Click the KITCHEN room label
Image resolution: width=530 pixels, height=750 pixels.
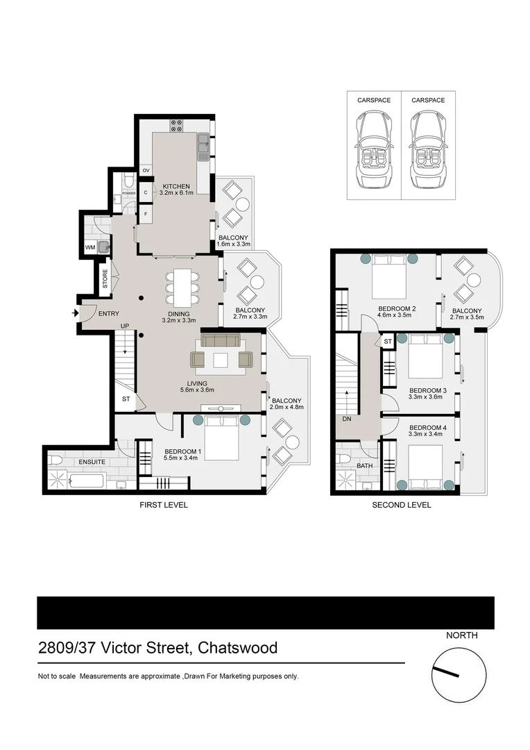(x=176, y=186)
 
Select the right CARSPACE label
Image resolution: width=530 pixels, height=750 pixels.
(x=428, y=101)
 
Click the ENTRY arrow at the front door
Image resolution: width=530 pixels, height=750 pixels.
(x=75, y=314)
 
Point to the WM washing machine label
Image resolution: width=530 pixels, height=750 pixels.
(x=90, y=247)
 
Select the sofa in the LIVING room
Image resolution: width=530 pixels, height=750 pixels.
(x=220, y=340)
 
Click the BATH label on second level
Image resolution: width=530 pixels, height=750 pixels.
(x=365, y=467)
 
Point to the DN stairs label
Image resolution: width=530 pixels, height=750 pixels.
(x=347, y=419)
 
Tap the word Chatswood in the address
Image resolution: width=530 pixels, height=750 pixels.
(x=238, y=648)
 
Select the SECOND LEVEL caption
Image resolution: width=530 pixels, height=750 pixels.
(x=402, y=505)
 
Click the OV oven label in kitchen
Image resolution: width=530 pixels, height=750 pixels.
(x=146, y=170)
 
